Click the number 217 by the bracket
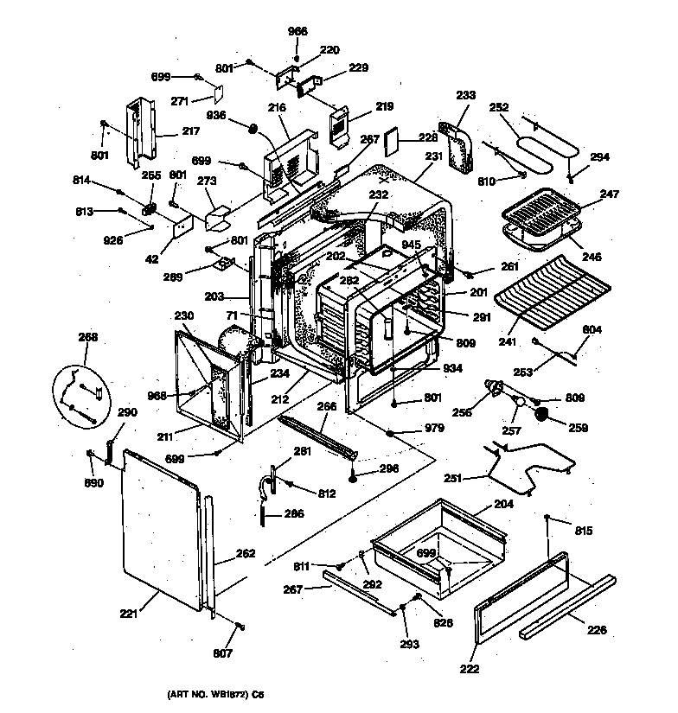[190, 131]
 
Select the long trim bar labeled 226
[566, 606]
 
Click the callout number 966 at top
[297, 32]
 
